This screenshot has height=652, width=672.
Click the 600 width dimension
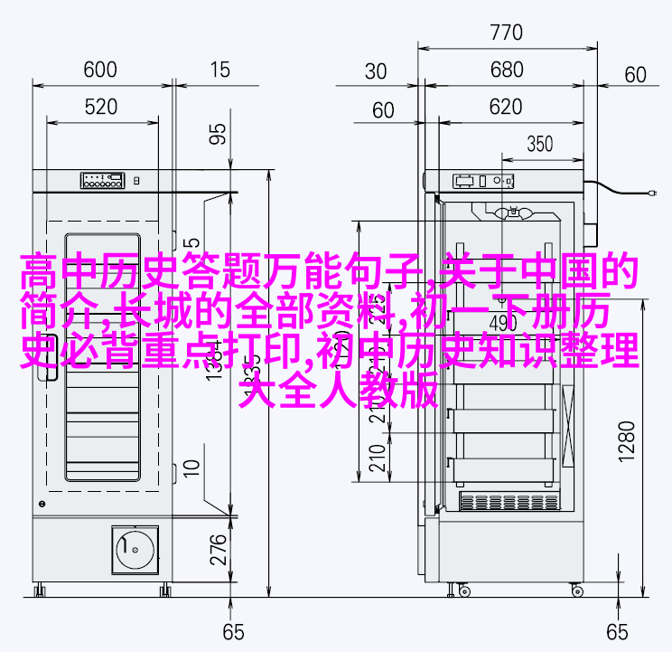click(100, 70)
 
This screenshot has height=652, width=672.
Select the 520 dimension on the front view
click(100, 107)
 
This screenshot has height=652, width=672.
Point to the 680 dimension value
click(507, 70)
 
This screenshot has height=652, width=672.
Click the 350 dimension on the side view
click(539, 143)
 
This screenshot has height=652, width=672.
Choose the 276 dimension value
click(218, 548)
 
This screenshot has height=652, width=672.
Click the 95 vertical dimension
click(218, 134)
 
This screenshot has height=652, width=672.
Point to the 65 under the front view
click(234, 631)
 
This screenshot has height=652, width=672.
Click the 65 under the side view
click(617, 631)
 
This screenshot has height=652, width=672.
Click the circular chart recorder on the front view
click(133, 548)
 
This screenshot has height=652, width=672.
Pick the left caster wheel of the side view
click(464, 590)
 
